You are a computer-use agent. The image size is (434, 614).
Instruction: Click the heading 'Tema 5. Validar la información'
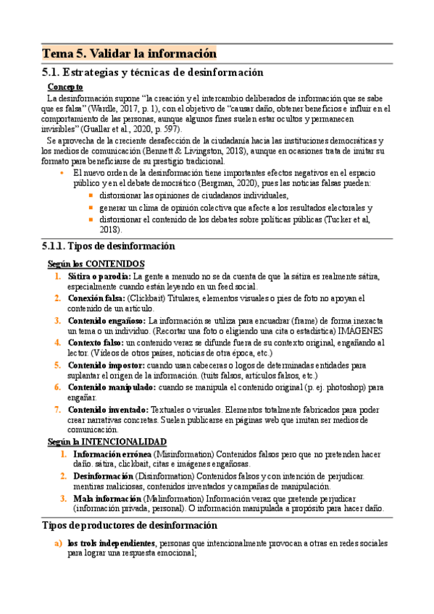click(x=130, y=54)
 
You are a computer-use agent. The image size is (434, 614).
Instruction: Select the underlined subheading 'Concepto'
click(x=65, y=87)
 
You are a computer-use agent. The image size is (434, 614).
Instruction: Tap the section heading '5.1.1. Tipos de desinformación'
click(x=109, y=246)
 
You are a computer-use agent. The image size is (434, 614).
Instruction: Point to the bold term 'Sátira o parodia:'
click(x=99, y=276)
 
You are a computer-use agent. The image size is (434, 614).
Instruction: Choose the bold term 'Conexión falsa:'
click(x=97, y=298)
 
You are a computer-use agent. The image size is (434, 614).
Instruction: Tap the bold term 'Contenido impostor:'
click(x=107, y=365)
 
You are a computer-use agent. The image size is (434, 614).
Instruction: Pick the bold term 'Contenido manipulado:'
click(x=112, y=387)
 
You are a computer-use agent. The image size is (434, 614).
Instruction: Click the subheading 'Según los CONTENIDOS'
click(x=96, y=264)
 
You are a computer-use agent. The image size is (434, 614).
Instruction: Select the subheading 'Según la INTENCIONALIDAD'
click(x=107, y=441)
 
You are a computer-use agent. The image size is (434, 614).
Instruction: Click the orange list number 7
click(x=57, y=409)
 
